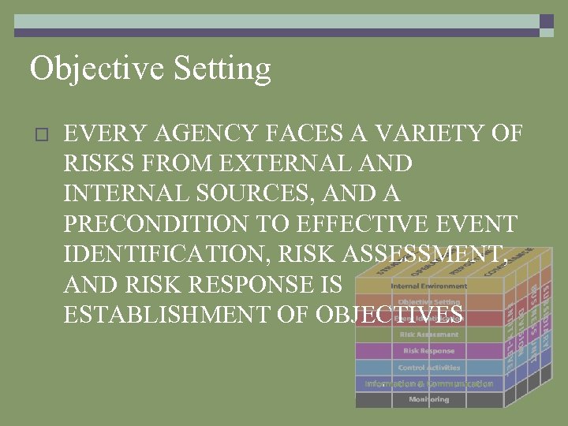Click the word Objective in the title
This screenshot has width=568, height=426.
point(87,69)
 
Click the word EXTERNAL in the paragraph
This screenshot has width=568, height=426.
point(282,163)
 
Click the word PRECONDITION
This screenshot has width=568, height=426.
point(155,224)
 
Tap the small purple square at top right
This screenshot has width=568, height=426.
point(547,21)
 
